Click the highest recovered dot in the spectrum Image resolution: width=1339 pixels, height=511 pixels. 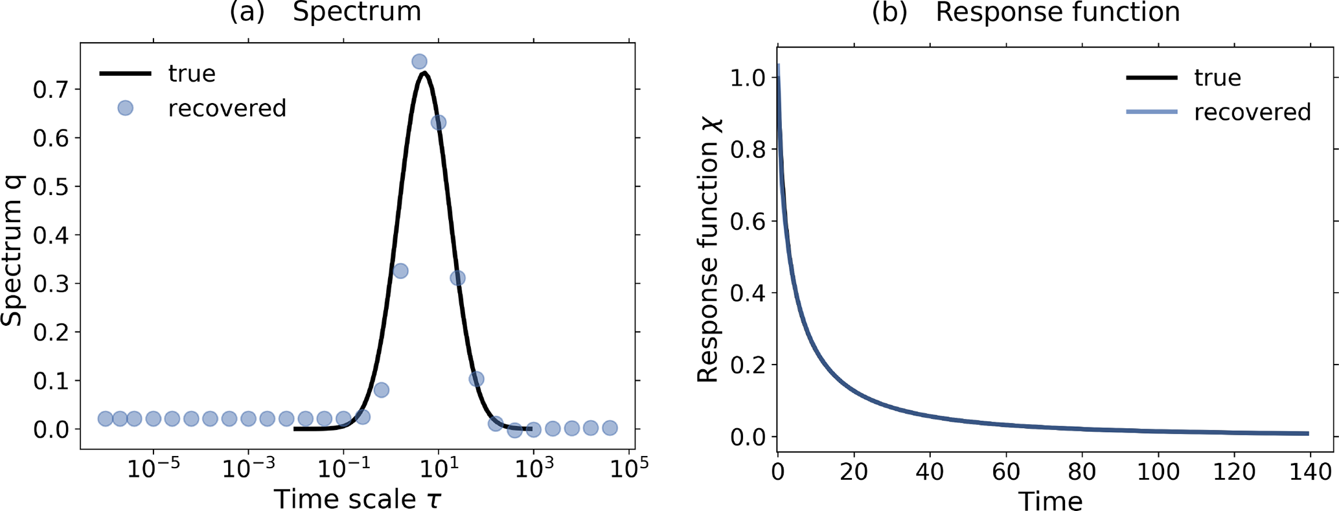coord(419,62)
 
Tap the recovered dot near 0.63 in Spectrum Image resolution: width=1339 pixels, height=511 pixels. coord(439,122)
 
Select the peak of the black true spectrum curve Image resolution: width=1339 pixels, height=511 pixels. coord(424,73)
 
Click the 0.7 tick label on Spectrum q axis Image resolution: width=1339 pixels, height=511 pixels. coord(51,89)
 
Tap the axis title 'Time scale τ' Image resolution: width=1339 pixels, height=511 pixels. coord(357,499)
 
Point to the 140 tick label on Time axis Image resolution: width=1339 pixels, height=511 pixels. coord(1310,471)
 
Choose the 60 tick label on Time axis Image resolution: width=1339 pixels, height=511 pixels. coord(1006,471)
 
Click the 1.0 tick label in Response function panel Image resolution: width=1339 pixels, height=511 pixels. coord(748,78)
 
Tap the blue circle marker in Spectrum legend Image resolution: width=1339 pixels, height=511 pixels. coord(125,108)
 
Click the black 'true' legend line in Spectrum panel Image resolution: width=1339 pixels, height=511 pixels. coord(125,74)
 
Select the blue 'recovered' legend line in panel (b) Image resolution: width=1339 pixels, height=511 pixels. coord(1151,112)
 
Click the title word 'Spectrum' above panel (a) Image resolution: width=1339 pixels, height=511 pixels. coord(357,12)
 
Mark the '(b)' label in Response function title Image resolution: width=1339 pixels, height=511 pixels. coord(889,12)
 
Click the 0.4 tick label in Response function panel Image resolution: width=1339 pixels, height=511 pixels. coord(748,293)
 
